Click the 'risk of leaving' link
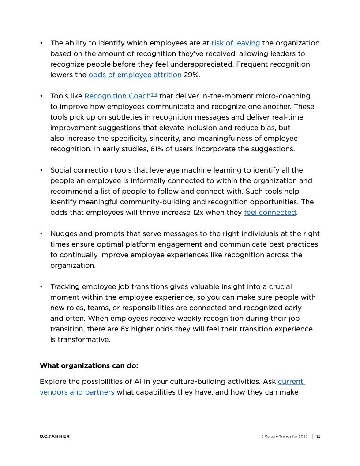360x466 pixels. (x=236, y=43)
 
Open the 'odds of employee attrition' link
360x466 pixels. (x=135, y=75)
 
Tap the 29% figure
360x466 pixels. (x=191, y=75)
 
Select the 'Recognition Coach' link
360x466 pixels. (x=118, y=96)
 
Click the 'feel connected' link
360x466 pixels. (x=270, y=212)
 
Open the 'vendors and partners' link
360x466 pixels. (x=77, y=392)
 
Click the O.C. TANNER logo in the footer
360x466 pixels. (x=54, y=436)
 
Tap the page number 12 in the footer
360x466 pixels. (x=318, y=436)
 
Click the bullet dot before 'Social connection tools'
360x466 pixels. (x=41, y=170)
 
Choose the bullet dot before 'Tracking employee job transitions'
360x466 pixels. (x=41, y=286)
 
